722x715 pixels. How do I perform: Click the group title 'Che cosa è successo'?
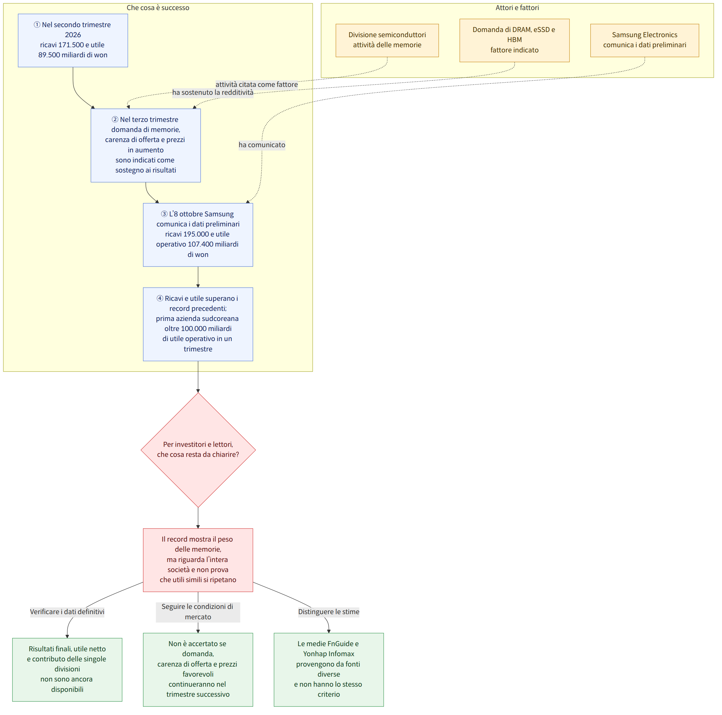(x=158, y=8)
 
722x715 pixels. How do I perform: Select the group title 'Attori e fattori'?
(x=517, y=8)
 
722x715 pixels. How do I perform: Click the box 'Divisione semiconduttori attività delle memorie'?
(x=387, y=40)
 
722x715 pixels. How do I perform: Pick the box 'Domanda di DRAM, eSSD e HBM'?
(x=514, y=40)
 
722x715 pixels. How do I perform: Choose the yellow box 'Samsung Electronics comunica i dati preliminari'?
(x=644, y=40)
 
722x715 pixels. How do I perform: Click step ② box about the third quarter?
(x=146, y=145)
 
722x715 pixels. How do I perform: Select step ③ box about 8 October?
(x=198, y=235)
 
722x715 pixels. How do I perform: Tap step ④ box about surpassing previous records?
(x=198, y=324)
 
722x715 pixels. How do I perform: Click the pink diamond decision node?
(x=198, y=450)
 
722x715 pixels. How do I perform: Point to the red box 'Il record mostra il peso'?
(x=198, y=560)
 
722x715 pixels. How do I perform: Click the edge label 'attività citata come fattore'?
(x=256, y=84)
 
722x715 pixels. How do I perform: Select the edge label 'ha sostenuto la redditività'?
(x=213, y=93)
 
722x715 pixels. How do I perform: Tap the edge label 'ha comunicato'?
(x=262, y=145)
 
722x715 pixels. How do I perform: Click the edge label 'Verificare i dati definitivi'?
(x=67, y=611)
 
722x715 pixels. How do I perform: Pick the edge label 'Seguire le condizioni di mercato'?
(x=198, y=611)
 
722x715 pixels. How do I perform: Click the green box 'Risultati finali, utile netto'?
(x=67, y=669)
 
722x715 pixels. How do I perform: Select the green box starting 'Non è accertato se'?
(x=198, y=669)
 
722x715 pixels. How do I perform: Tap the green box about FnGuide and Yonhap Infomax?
(x=329, y=669)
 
